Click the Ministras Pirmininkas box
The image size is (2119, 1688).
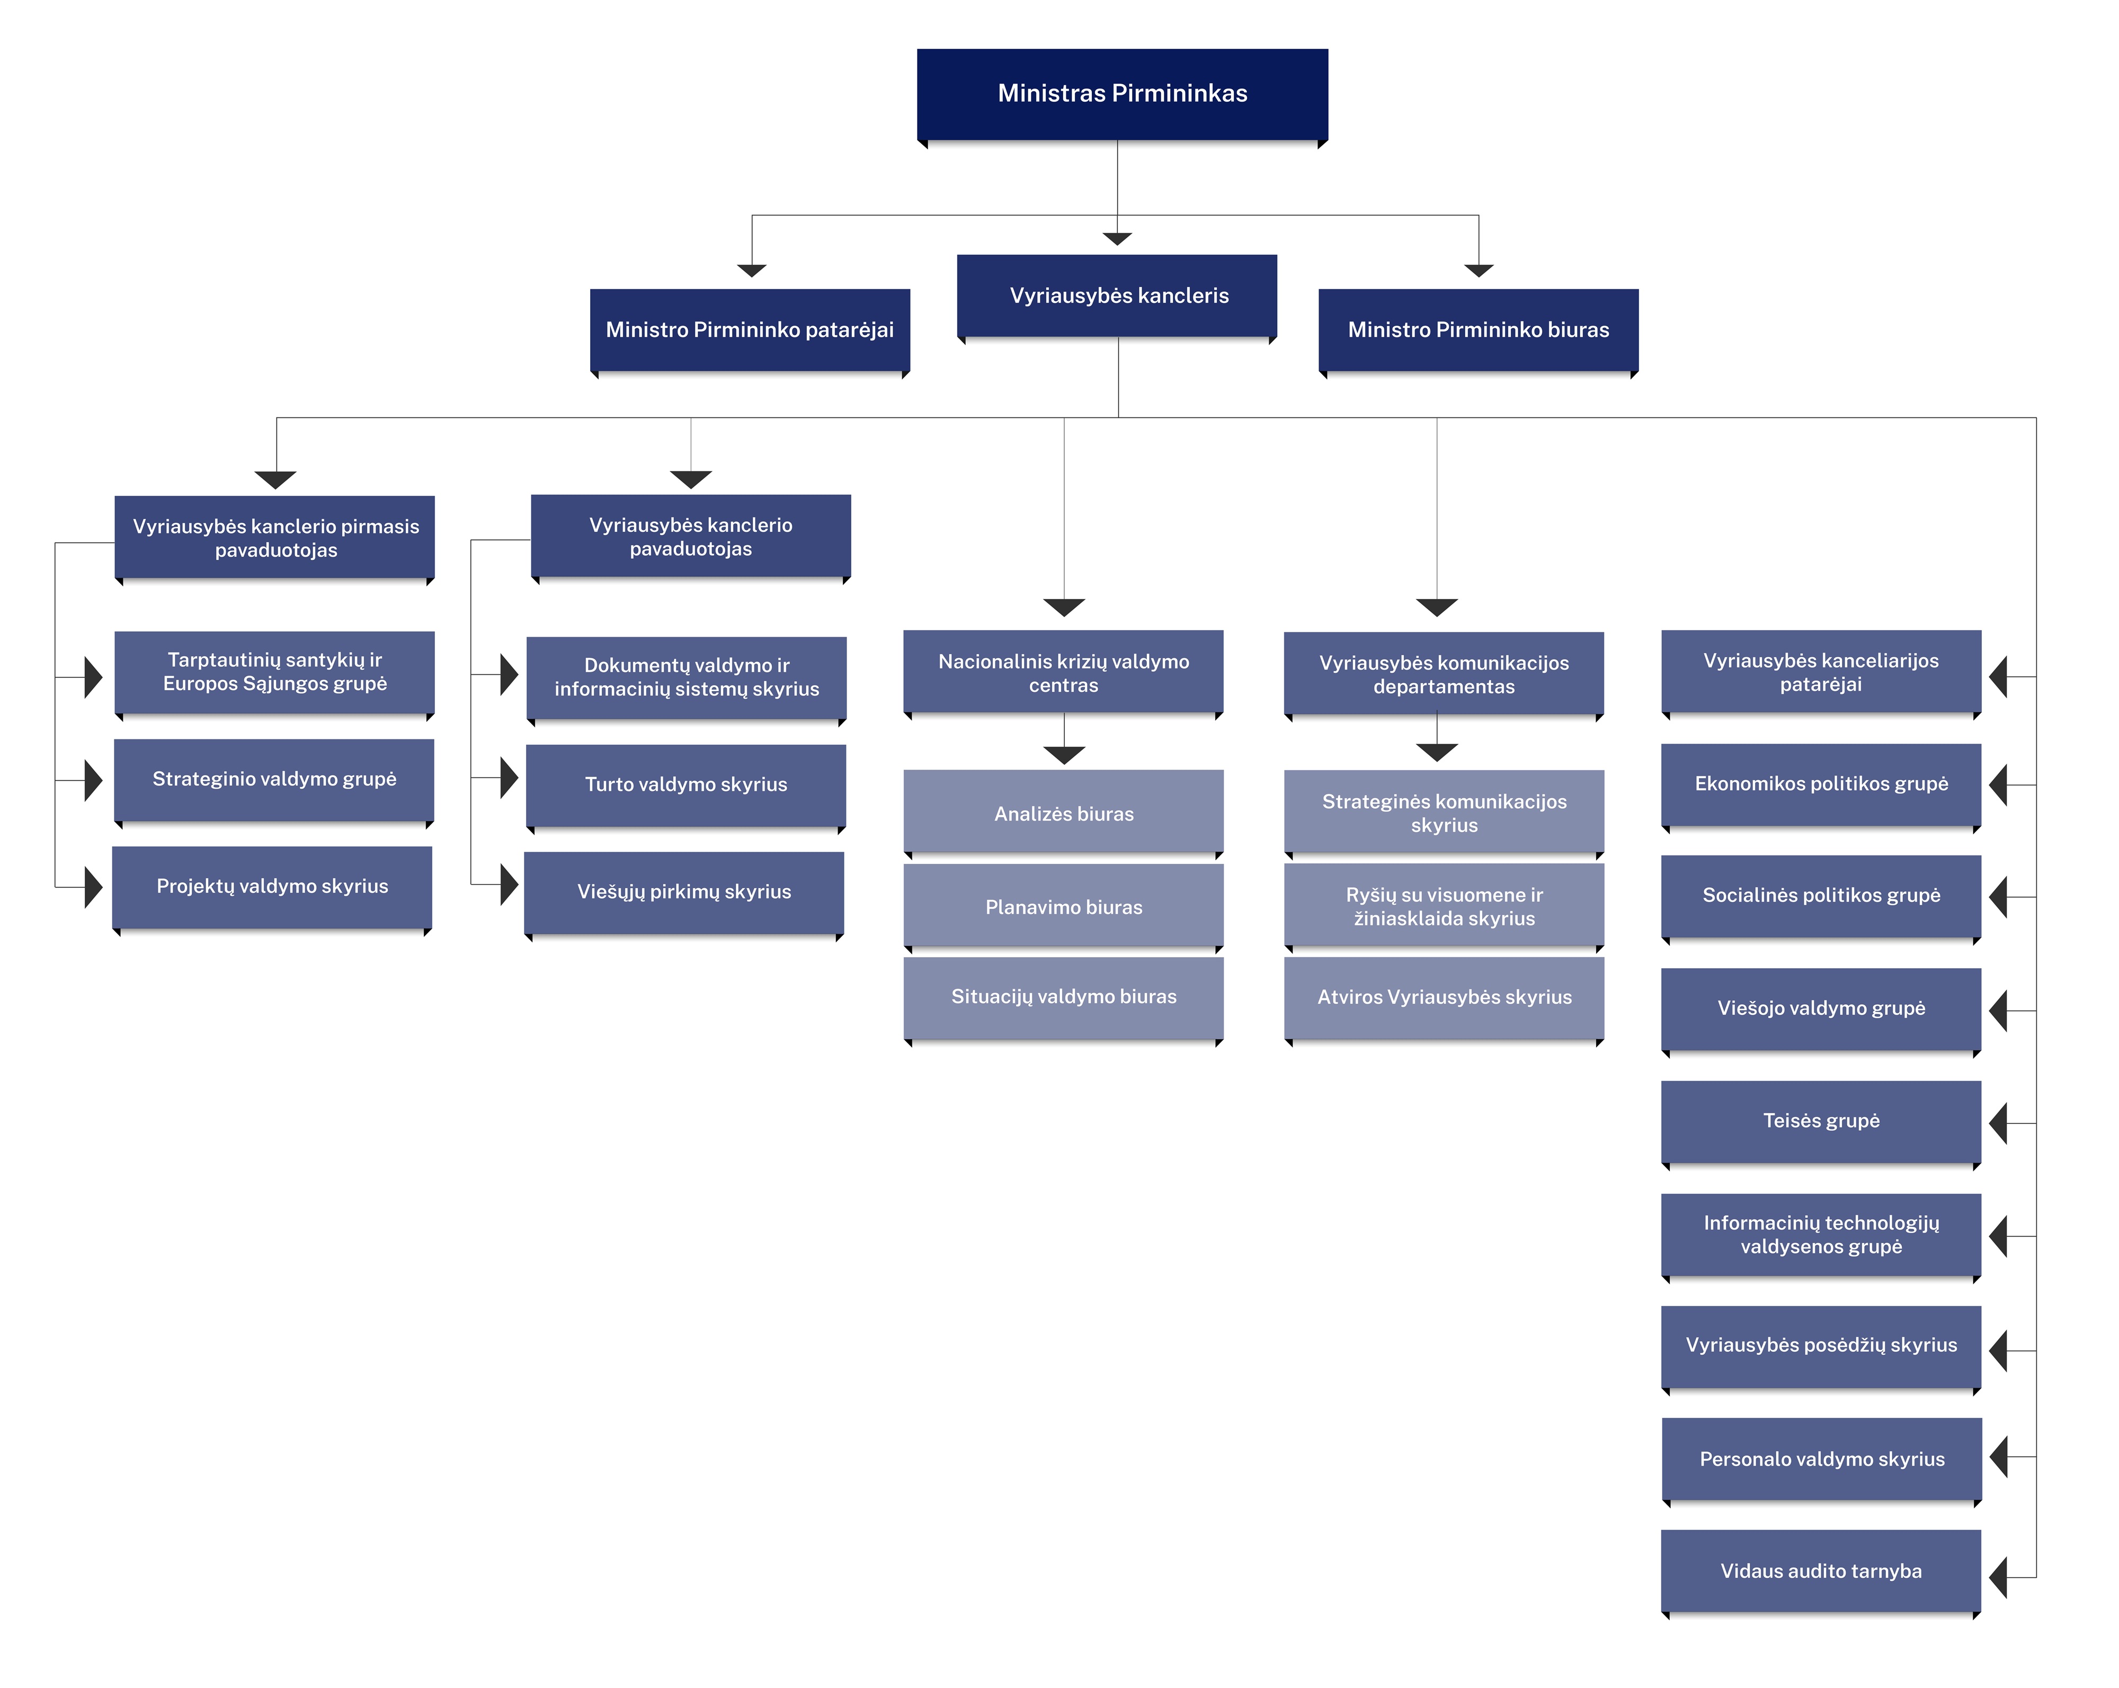tap(1123, 94)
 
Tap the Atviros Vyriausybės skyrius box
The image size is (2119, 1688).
tap(1444, 998)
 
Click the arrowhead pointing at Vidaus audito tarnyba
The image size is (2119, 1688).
tap(1998, 1577)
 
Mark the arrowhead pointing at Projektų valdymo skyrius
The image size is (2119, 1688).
tap(93, 887)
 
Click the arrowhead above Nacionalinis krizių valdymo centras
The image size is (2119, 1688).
tap(1063, 607)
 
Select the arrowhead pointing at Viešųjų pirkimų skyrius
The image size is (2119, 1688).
tap(509, 885)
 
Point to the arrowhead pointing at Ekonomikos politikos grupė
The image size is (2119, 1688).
tap(1998, 785)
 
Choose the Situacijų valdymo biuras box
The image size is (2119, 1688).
tap(1063, 998)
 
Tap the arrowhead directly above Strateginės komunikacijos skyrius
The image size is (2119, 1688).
tap(1437, 753)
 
